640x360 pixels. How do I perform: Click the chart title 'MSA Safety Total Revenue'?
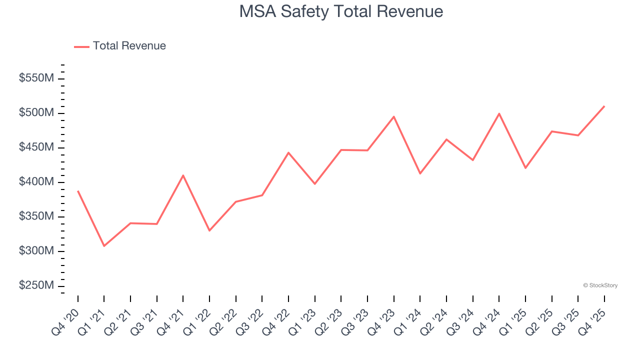pyautogui.click(x=341, y=11)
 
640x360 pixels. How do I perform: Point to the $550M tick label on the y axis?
pyautogui.click(x=36, y=78)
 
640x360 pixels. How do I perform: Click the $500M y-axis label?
pyautogui.click(x=36, y=113)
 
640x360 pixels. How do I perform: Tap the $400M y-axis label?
pyautogui.click(x=36, y=182)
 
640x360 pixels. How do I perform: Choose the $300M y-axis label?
pyautogui.click(x=36, y=251)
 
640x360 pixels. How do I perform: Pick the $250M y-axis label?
pyautogui.click(x=36, y=285)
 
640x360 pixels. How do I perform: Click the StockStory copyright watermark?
pyautogui.click(x=600, y=285)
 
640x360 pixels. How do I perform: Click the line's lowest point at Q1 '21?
pyautogui.click(x=104, y=246)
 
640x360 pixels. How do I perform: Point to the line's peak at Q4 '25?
pyautogui.click(x=604, y=106)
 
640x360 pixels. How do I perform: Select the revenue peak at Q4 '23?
pyautogui.click(x=394, y=116)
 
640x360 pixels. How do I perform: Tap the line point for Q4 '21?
pyautogui.click(x=183, y=175)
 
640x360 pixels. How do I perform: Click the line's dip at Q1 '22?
pyautogui.click(x=209, y=230)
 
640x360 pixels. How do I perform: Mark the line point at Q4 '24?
pyautogui.click(x=499, y=113)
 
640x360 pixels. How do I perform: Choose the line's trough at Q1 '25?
pyautogui.click(x=525, y=168)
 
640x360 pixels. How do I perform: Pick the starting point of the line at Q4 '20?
pyautogui.click(x=78, y=191)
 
